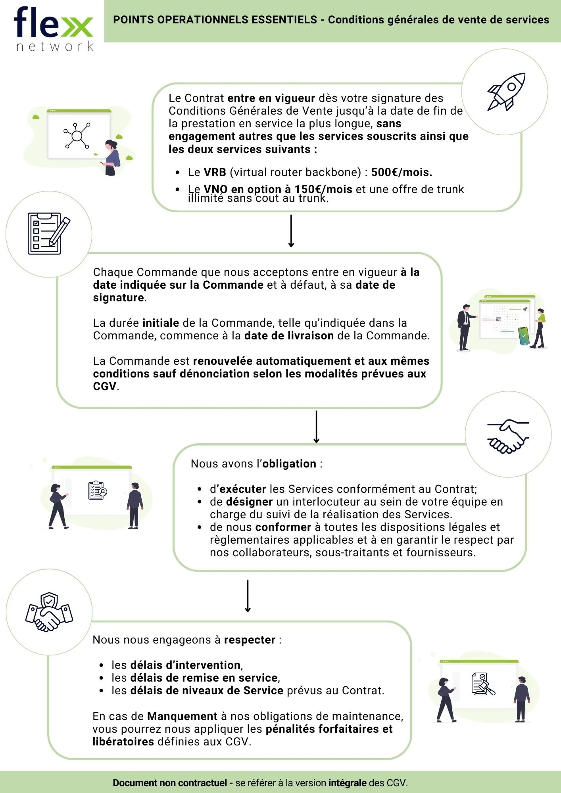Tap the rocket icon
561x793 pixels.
[506, 92]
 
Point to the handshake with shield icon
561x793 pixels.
[49, 612]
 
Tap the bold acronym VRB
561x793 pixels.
[215, 172]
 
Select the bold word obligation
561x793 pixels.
[289, 464]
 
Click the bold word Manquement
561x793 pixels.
[182, 716]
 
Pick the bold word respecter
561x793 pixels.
[250, 640]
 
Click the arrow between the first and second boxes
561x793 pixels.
[291, 231]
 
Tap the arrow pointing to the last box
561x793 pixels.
[248, 596]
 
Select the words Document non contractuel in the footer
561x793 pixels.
[170, 783]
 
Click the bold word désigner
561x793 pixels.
[249, 502]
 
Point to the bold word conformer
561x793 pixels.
[283, 527]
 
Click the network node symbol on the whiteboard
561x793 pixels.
[77, 136]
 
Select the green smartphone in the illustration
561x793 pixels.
[524, 335]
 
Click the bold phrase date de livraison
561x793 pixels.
[289, 336]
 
